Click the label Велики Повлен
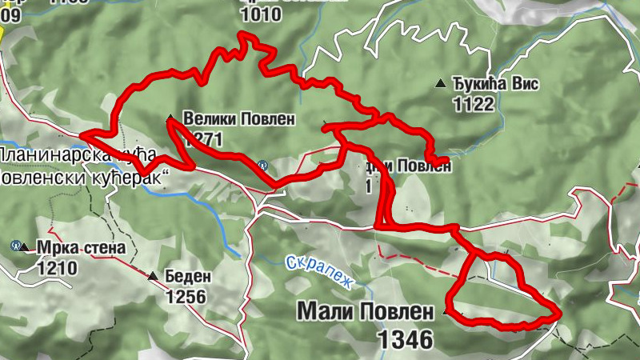[238, 119]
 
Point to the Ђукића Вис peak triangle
[439, 82]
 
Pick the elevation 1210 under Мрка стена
[56, 268]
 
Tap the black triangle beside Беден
[153, 276]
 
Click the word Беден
[188, 277]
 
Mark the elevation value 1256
[186, 298]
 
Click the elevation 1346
[406, 339]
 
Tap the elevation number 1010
[260, 14]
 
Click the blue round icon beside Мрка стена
[15, 245]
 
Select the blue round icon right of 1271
[262, 165]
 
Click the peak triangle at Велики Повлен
[169, 119]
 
